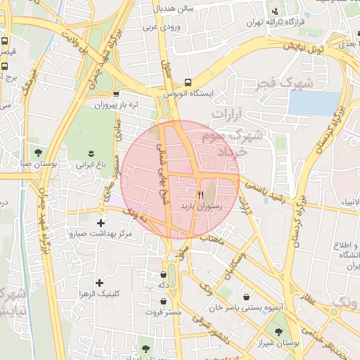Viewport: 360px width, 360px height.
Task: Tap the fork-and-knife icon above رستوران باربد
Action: click(200, 194)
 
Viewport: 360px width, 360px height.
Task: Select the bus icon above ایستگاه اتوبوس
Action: click(187, 82)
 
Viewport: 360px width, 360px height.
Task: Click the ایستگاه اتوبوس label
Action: click(188, 93)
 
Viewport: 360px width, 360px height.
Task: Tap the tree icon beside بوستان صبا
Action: click(37, 151)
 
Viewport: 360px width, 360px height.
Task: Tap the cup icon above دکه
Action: click(163, 275)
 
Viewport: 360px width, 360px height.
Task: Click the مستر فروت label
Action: click(164, 311)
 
